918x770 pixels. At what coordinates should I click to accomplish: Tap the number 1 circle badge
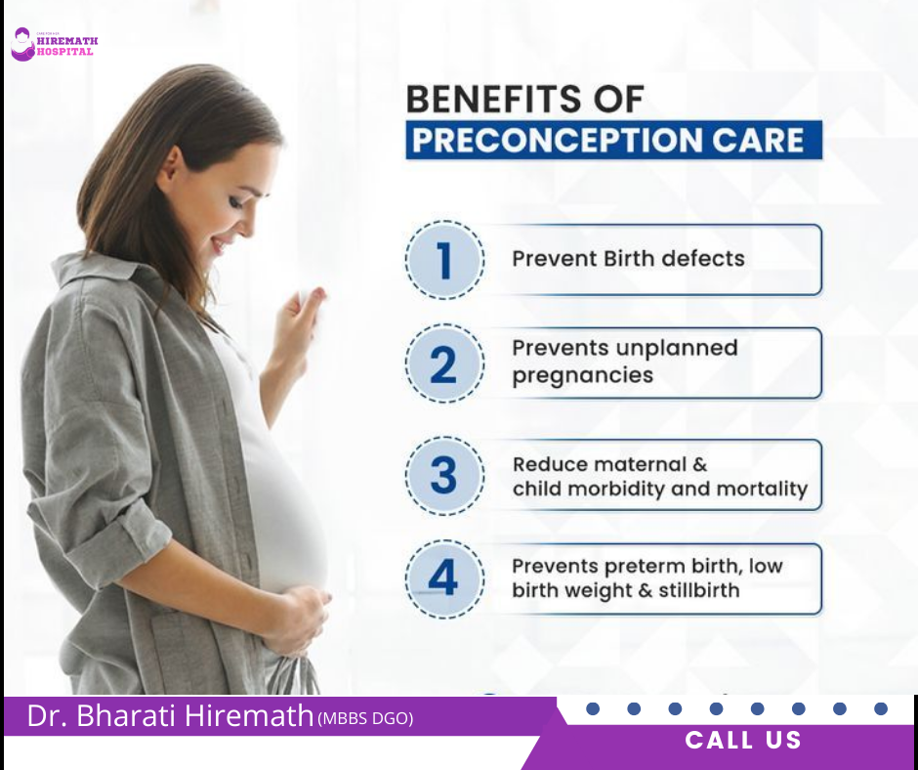coord(444,260)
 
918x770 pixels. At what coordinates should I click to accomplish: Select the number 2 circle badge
coord(444,364)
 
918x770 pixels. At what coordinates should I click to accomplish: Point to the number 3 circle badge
coord(444,476)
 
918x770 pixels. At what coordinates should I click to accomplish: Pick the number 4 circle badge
coord(444,578)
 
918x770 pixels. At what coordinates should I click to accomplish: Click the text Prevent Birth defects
coord(628,259)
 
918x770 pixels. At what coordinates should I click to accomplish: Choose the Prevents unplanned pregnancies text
coord(624,362)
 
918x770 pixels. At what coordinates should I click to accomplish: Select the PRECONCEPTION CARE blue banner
coord(613,140)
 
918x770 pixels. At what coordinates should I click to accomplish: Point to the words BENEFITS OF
coord(524,100)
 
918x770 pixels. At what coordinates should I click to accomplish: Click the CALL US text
coord(743,741)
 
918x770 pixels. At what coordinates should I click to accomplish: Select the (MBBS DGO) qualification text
coord(365,719)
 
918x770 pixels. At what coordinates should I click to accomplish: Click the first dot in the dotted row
coord(592,708)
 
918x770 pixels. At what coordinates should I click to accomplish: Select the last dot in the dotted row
coord(881,708)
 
